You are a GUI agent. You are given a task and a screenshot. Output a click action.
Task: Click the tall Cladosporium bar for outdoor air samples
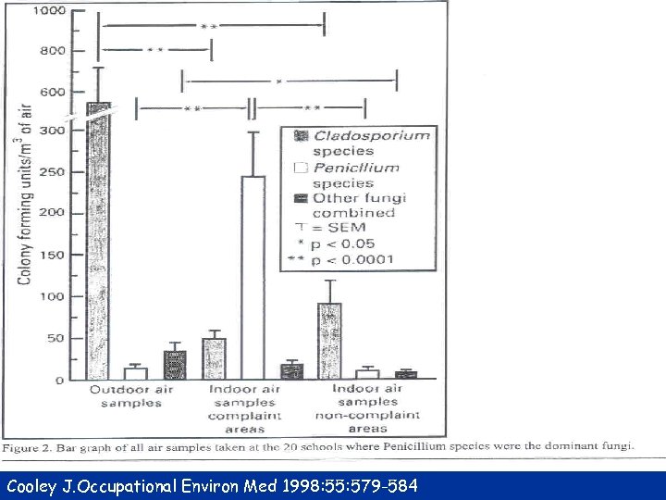point(98,241)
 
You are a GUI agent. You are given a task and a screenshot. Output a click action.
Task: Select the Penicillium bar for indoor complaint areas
point(253,278)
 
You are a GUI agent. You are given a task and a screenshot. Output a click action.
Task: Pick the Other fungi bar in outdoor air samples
point(175,365)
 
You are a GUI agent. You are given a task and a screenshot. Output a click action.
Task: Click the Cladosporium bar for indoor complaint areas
point(214,358)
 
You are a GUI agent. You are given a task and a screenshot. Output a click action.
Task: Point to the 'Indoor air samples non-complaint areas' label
point(368,408)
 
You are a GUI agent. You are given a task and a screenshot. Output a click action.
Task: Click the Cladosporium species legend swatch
point(299,135)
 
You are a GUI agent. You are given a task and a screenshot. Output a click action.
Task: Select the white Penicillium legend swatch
point(299,168)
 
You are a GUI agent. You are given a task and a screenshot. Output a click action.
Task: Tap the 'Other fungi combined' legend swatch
point(299,198)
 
